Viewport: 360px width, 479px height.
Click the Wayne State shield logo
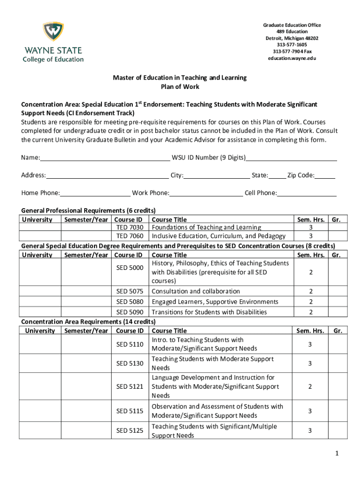[x=53, y=32]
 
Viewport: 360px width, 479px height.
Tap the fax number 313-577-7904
[x=292, y=51]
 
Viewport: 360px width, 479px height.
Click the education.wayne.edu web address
[x=292, y=58]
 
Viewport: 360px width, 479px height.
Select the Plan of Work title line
[x=180, y=87]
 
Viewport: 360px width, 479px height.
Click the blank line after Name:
[x=105, y=158]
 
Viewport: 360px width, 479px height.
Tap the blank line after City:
[x=216, y=176]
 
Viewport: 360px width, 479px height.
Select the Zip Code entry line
[x=324, y=176]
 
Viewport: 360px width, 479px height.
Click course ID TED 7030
[x=130, y=227]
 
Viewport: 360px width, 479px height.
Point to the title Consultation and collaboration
[x=196, y=291]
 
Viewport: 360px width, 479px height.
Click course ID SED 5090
[x=130, y=312]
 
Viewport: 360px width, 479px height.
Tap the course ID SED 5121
[x=130, y=386]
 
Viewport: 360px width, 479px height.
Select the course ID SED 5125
[x=130, y=431]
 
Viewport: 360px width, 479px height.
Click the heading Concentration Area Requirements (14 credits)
[x=88, y=322]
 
